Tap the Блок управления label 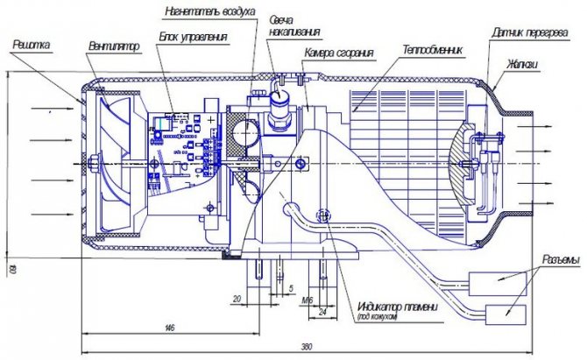pyautogui.click(x=194, y=37)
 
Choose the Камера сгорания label pyautogui.click(x=339, y=53)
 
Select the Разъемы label pyautogui.click(x=555, y=260)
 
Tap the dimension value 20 pyautogui.click(x=237, y=298)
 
